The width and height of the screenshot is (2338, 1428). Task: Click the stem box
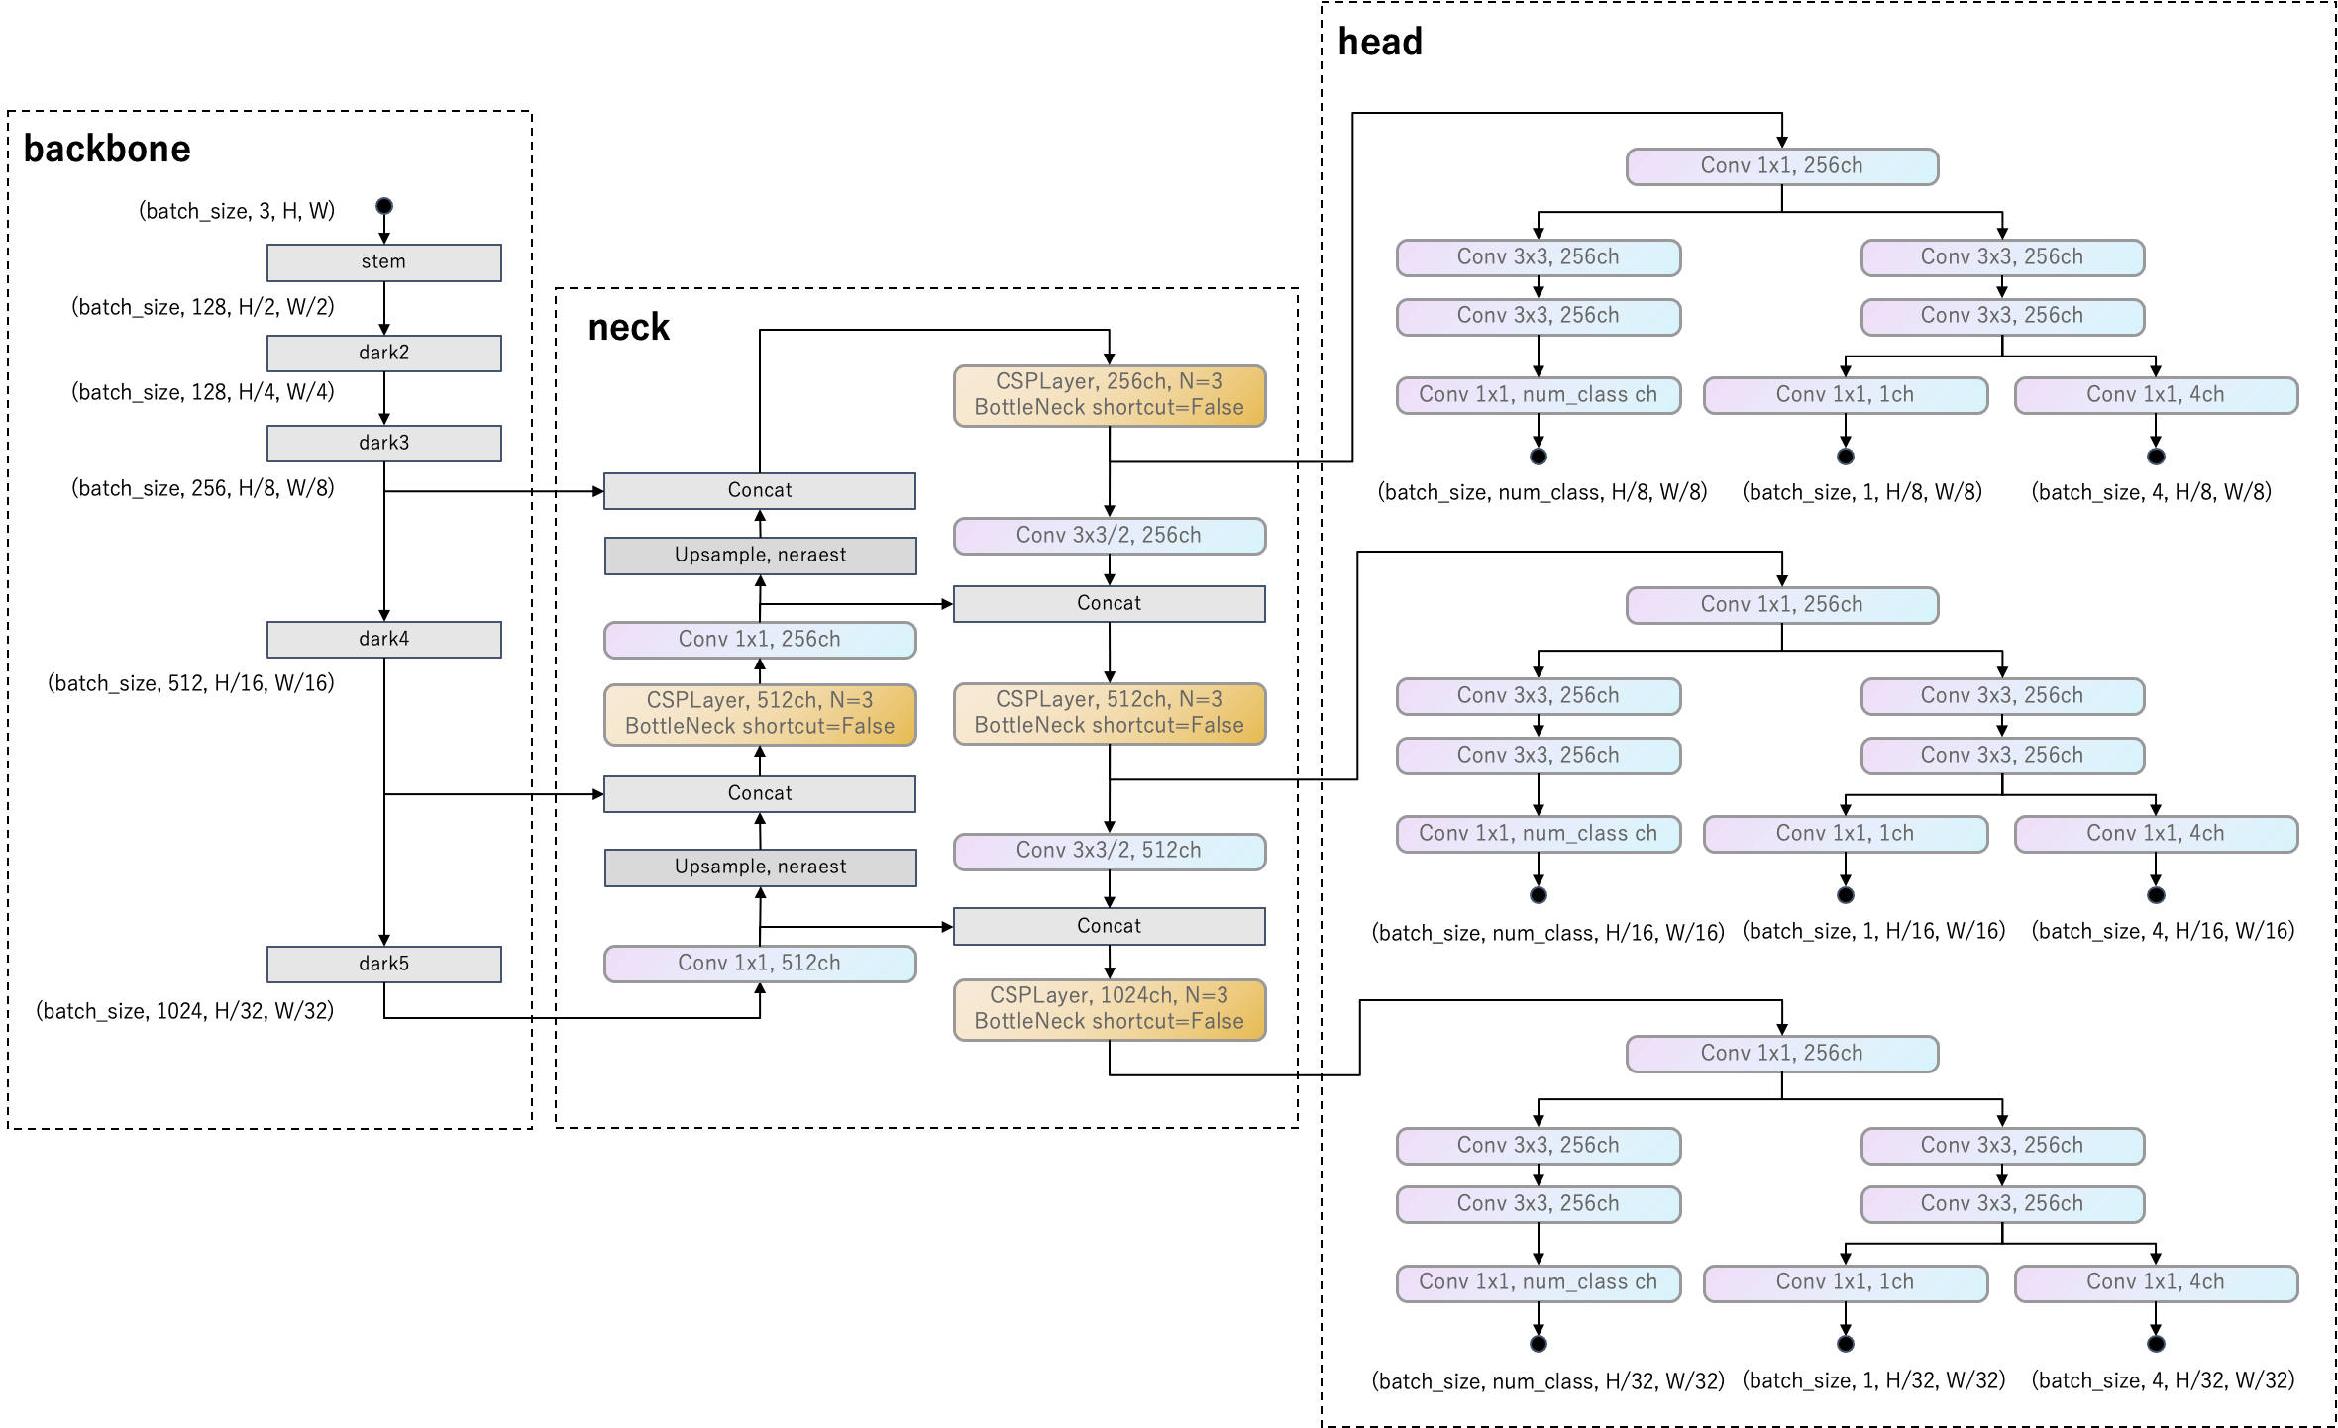[383, 262]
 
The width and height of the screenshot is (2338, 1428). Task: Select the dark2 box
[383, 354]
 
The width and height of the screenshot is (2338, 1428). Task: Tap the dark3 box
[383, 444]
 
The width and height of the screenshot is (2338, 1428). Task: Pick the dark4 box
[383, 640]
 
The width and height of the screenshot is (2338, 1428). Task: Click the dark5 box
[383, 965]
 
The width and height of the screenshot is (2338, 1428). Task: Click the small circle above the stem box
[384, 206]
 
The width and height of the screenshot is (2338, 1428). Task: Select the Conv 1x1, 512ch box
[760, 964]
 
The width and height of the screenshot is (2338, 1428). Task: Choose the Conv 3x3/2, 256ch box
[1109, 536]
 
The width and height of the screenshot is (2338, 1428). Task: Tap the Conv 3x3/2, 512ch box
[1109, 851]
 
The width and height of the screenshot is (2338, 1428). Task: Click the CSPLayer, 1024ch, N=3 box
[1109, 1009]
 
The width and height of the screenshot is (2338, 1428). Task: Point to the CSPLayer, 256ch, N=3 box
[1109, 395]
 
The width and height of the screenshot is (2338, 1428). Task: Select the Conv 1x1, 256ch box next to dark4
[760, 640]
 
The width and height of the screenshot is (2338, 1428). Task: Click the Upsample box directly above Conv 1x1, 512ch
[760, 867]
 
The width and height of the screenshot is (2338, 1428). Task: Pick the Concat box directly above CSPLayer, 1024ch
[1109, 926]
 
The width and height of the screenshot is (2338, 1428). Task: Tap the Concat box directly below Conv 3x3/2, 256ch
[1109, 604]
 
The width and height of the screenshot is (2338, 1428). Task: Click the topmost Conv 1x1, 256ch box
[1781, 166]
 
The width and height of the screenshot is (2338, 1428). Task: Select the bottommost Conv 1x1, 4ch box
[2156, 1282]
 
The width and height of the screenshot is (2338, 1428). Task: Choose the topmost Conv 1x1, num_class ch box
[1538, 395]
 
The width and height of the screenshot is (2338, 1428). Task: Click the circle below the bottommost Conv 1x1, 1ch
[1845, 1344]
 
